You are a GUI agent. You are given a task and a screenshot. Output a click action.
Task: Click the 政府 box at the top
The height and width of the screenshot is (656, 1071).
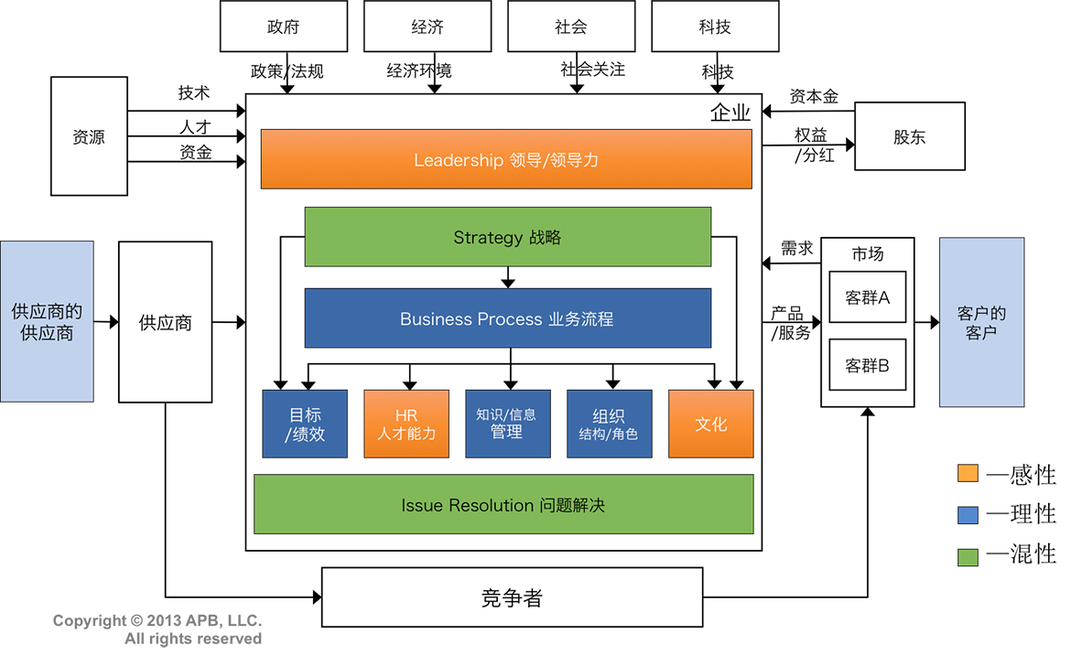(x=284, y=26)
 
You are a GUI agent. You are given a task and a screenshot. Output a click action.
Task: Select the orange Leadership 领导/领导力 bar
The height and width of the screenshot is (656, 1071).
(x=506, y=159)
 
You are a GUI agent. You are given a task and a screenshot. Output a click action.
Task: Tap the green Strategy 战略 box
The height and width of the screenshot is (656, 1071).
(x=507, y=237)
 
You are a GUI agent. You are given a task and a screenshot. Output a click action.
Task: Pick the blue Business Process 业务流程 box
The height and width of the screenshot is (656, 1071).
(x=507, y=318)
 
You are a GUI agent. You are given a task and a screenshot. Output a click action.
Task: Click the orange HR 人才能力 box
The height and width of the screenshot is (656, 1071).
(x=406, y=424)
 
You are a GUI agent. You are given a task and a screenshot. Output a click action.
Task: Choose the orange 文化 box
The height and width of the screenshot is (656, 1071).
(x=711, y=424)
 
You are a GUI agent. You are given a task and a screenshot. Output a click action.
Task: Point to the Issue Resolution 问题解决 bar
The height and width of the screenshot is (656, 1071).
(x=503, y=504)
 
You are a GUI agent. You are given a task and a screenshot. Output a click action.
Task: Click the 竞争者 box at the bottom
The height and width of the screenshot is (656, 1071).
(x=512, y=597)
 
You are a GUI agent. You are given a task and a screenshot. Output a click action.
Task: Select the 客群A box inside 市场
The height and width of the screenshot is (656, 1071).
(x=868, y=297)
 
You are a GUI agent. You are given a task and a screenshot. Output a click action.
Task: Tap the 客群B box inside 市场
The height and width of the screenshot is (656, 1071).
(x=868, y=365)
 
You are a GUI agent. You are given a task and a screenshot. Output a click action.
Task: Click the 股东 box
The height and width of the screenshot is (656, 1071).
(x=910, y=136)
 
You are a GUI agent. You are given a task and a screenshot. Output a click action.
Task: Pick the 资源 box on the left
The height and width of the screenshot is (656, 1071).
(x=89, y=136)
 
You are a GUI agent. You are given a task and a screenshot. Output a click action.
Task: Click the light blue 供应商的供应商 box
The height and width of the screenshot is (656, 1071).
(x=47, y=321)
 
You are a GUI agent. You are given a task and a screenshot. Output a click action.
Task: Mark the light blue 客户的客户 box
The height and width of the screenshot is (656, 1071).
(x=981, y=322)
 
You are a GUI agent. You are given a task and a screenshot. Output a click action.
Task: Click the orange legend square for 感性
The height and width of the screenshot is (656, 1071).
(x=968, y=473)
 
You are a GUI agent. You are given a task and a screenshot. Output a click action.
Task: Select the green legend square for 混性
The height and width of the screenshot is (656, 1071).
(x=968, y=554)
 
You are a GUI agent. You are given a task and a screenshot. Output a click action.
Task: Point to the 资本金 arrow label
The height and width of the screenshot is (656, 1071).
(x=814, y=96)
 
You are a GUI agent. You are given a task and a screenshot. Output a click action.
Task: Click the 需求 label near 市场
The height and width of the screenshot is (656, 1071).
(x=796, y=248)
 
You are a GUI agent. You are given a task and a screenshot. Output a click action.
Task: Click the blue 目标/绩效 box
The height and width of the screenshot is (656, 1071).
(x=305, y=424)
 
